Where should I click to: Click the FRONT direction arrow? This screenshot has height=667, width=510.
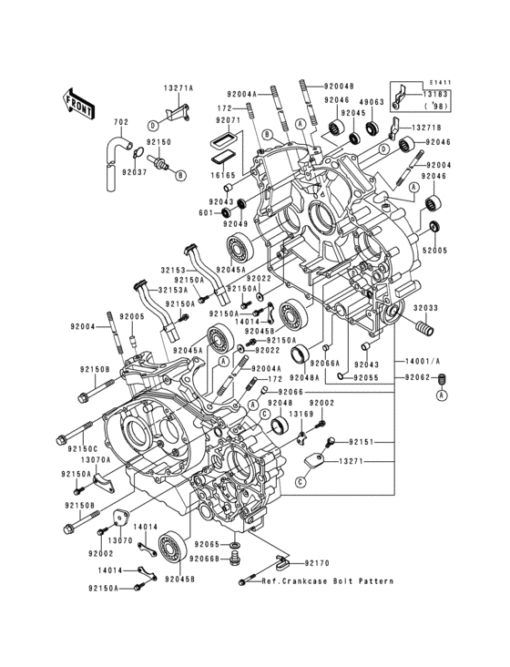pyautogui.click(x=80, y=101)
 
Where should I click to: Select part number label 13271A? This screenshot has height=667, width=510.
pyautogui.click(x=179, y=88)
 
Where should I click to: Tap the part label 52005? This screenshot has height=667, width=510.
pyautogui.click(x=434, y=248)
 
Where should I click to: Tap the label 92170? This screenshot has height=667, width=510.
pyautogui.click(x=319, y=564)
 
